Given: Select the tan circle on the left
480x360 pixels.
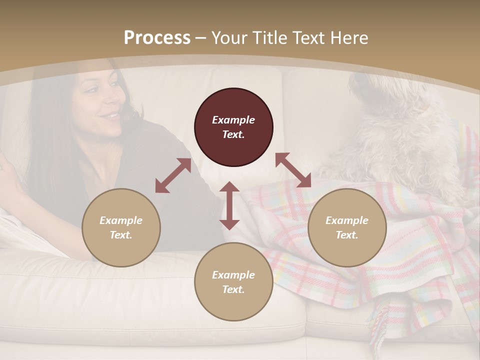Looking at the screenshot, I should (121, 227).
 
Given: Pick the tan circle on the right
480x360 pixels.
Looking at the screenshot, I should (347, 227).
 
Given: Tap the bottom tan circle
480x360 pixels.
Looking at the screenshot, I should (233, 282).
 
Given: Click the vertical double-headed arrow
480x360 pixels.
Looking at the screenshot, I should (229, 205).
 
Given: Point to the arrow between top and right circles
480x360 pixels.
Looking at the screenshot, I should (293, 170).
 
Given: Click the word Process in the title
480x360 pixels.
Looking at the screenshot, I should (157, 38).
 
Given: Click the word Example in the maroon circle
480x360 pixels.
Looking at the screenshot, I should (233, 120).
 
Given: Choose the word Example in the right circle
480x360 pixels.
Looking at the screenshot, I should (347, 220).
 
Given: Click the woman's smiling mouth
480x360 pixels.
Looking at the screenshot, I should (112, 116).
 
